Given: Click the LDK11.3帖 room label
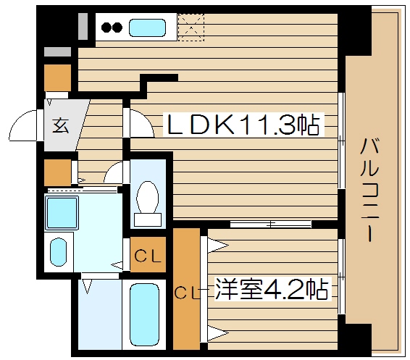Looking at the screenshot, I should [243, 127].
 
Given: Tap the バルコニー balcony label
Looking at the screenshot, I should [369, 190].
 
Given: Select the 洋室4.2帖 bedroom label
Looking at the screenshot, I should [270, 290].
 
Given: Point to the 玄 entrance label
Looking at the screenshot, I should [59, 125].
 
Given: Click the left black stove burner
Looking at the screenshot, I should [105, 29].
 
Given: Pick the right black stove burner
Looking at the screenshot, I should [117, 29].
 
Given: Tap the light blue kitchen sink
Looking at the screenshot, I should [148, 29].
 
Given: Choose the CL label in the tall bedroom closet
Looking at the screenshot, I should [186, 293].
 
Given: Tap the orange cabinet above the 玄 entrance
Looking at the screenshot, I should [57, 77].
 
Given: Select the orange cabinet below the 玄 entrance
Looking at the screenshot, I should [57, 172].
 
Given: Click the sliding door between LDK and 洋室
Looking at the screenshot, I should [269, 224].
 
